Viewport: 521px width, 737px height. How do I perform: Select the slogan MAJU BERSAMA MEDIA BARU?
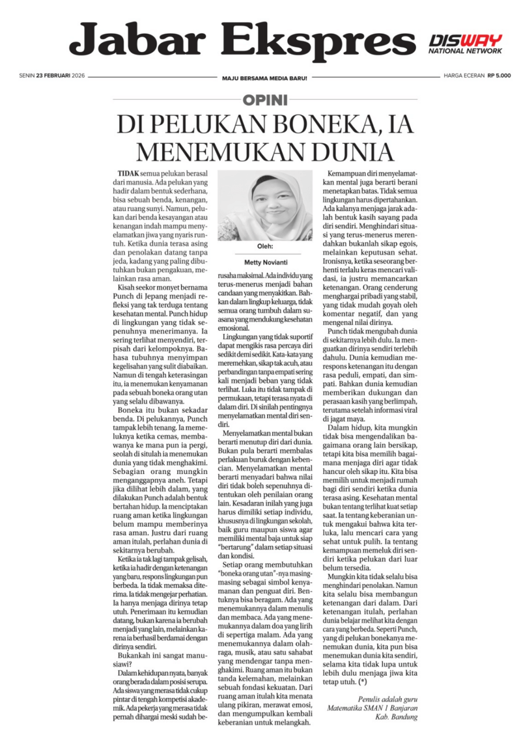point(264,77)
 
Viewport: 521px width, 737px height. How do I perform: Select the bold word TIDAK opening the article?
point(128,175)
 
